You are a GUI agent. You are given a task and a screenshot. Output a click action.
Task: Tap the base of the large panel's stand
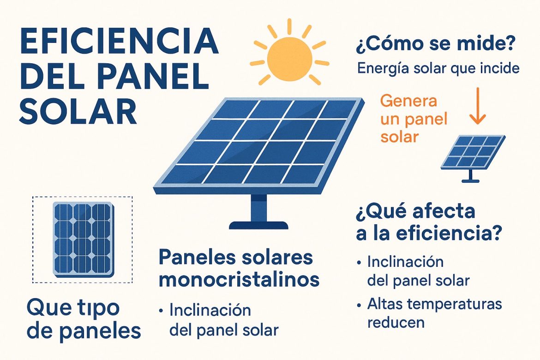point(258,225)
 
